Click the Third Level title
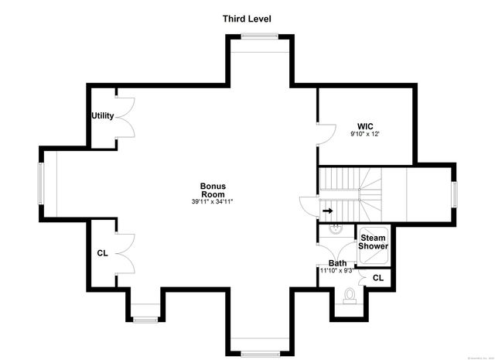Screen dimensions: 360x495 pyautogui.click(x=247, y=18)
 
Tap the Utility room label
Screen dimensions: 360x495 pyautogui.click(x=103, y=116)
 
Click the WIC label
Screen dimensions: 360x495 pyautogui.click(x=366, y=125)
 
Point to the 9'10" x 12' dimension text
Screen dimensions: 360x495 pyautogui.click(x=366, y=135)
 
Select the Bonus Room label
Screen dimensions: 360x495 pyautogui.click(x=212, y=190)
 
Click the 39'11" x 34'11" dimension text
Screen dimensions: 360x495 pyautogui.click(x=212, y=201)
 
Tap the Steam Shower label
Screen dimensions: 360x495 pyautogui.click(x=373, y=241)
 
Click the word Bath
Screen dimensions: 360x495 pyautogui.click(x=337, y=263)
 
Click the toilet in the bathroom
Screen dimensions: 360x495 pyautogui.click(x=349, y=295)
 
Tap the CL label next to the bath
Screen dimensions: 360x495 pyautogui.click(x=378, y=278)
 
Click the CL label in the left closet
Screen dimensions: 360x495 pyautogui.click(x=102, y=253)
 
